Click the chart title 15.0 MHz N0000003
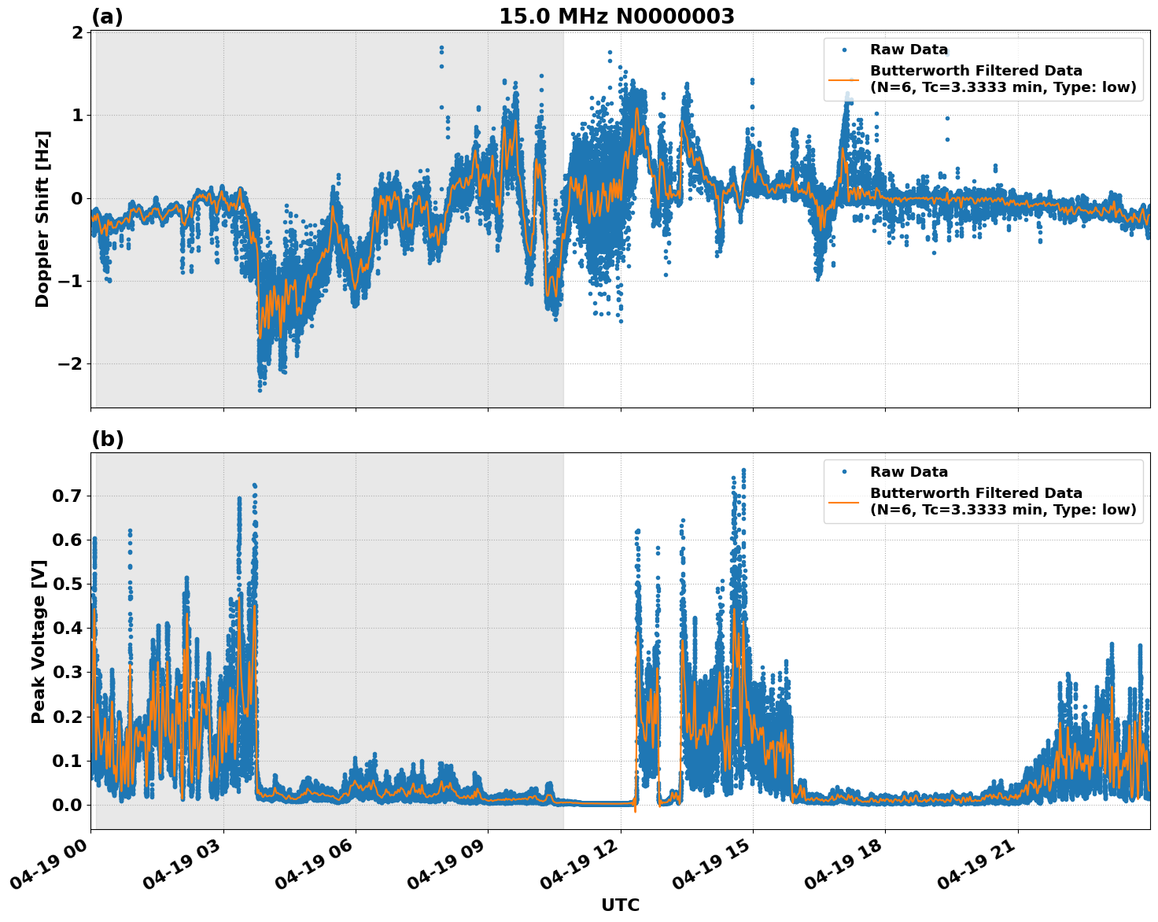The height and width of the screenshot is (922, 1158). click(616, 17)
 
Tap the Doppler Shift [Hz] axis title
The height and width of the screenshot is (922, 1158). click(42, 219)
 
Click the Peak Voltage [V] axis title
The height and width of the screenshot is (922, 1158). click(39, 641)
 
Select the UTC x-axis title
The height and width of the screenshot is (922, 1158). click(620, 905)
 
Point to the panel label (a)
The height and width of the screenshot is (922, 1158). click(107, 17)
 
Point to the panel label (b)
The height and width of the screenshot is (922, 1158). click(107, 439)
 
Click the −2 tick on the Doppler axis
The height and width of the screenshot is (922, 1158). click(68, 363)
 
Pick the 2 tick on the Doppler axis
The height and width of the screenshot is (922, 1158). click(77, 32)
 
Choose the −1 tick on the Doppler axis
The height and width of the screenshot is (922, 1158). click(68, 281)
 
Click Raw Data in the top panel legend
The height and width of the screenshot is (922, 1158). click(909, 50)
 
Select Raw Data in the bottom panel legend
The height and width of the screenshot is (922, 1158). click(909, 472)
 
